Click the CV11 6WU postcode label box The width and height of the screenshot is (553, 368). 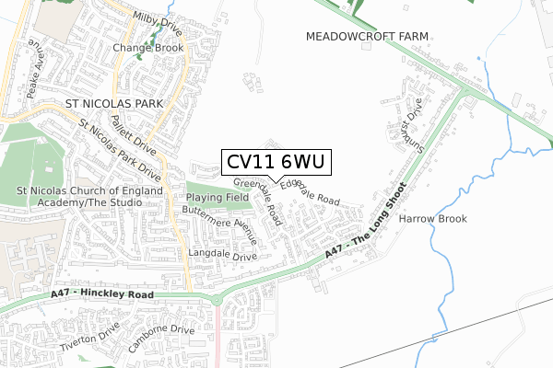[x=274, y=163]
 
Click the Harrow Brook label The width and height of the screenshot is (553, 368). [x=432, y=219]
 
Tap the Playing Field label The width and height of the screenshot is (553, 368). [x=218, y=197]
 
